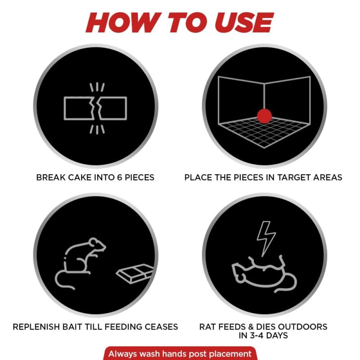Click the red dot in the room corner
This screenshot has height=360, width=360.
coord(264,116)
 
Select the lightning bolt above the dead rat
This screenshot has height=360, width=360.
coord(266,239)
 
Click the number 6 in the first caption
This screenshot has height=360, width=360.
coord(119,177)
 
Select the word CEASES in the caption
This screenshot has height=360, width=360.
coord(161,327)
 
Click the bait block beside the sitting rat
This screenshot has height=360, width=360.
coord(135,273)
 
